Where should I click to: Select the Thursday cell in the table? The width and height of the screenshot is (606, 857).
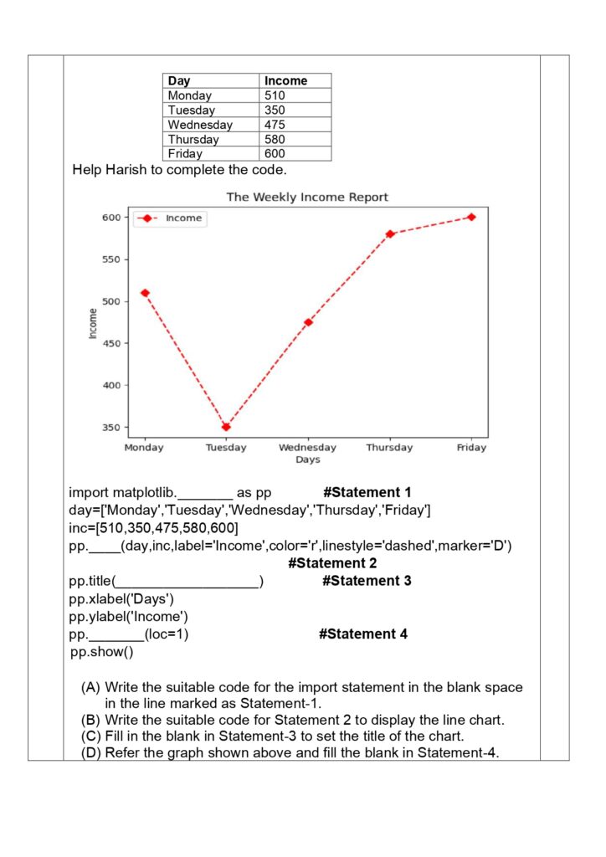pos(193,139)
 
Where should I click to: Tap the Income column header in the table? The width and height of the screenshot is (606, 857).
pos(285,80)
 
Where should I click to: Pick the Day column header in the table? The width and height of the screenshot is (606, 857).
pos(179,80)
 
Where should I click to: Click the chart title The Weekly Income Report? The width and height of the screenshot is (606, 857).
pos(307,198)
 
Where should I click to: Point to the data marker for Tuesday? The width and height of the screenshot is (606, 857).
pos(226,427)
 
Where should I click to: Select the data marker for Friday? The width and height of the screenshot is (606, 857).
pos(471,217)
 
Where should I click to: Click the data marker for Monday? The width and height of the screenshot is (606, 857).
pos(145,293)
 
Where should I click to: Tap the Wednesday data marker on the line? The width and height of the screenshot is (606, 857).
pos(308,322)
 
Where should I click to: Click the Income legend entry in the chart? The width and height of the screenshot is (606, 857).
pos(182,218)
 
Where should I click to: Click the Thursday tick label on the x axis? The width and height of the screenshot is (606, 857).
pos(389,448)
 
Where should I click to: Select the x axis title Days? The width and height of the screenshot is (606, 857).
pos(307,459)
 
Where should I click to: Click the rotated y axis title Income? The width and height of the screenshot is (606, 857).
pos(93,322)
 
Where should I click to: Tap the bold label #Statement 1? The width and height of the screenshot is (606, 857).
pos(367,492)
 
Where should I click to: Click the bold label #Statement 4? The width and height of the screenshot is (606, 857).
pos(363,634)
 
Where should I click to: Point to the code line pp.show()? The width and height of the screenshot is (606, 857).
pos(101,651)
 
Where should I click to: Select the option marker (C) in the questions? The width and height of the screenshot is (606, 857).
pos(91,736)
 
